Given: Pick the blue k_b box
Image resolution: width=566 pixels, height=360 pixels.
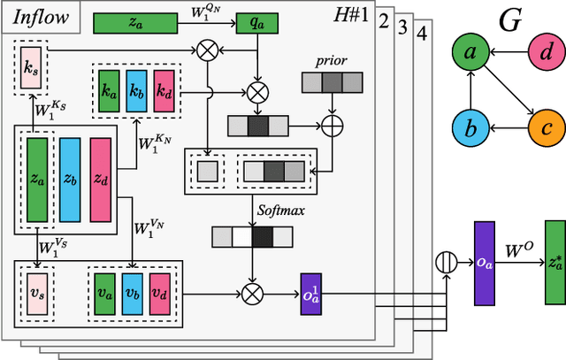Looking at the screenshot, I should tap(135, 91).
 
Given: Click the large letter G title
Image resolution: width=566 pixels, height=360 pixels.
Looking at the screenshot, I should tap(509, 19).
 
